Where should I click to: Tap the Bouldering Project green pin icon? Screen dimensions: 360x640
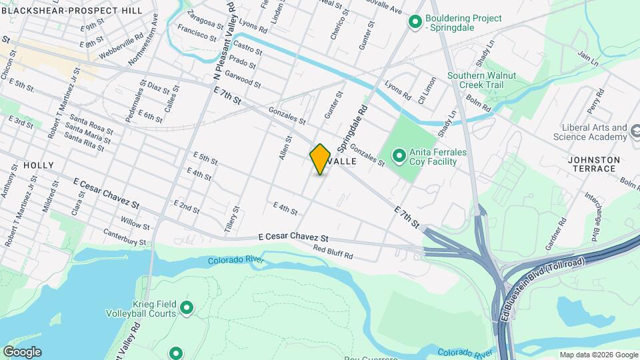[x=415, y=23]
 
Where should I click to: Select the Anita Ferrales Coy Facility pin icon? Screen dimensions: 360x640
[x=399, y=157]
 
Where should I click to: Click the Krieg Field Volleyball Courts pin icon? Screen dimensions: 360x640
[x=187, y=307]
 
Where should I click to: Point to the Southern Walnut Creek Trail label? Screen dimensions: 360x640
[x=481, y=81]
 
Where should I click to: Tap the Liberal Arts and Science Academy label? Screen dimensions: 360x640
[x=590, y=132]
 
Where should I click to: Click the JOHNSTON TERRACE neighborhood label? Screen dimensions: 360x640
[x=594, y=164]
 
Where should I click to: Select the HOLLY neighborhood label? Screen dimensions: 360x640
[x=38, y=165]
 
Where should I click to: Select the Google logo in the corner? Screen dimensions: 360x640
[x=22, y=352]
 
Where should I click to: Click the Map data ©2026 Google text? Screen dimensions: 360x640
[x=598, y=355]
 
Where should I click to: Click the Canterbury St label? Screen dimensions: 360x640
[x=124, y=237]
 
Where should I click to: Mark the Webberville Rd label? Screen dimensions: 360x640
[x=121, y=46]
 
